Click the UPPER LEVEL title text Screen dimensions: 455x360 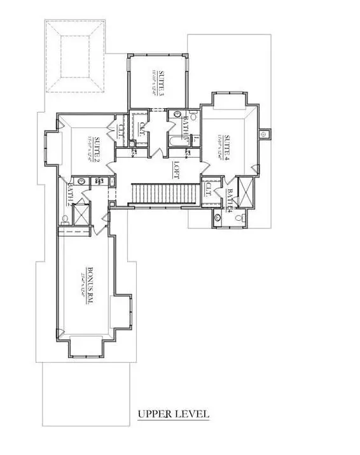pos(174,414)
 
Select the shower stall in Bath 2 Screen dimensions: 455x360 pos(80,213)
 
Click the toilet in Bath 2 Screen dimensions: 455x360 pos(66,221)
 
